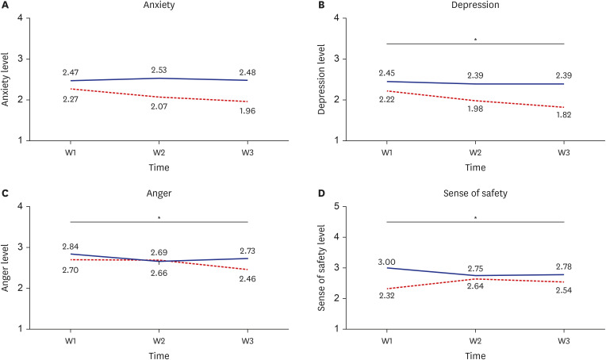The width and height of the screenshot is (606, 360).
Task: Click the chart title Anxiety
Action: point(159,5)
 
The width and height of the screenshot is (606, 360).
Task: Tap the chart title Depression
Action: point(475,5)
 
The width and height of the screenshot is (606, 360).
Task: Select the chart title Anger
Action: point(159,193)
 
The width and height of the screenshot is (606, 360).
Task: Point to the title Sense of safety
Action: point(475,193)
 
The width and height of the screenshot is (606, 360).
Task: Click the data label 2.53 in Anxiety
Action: point(159,70)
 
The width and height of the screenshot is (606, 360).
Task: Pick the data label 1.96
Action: point(247,111)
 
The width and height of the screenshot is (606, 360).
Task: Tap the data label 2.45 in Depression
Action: point(386,73)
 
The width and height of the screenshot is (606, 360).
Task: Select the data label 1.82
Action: point(563,115)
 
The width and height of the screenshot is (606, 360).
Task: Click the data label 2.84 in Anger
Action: point(71,247)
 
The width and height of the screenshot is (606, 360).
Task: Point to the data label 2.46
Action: point(247,279)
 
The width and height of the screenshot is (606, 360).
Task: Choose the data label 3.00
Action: point(386,262)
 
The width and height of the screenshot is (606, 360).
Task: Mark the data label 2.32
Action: point(386,296)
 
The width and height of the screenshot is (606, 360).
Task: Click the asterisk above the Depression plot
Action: point(475,40)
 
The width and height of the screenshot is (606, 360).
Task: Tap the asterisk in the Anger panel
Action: point(159,218)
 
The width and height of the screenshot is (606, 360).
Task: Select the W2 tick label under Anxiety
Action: point(159,152)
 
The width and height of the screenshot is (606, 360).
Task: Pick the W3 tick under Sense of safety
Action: point(563,341)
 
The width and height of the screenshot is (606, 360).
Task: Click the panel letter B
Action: point(321,5)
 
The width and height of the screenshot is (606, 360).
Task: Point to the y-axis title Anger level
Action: point(5,268)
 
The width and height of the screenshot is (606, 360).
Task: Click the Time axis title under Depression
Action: point(475,167)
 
